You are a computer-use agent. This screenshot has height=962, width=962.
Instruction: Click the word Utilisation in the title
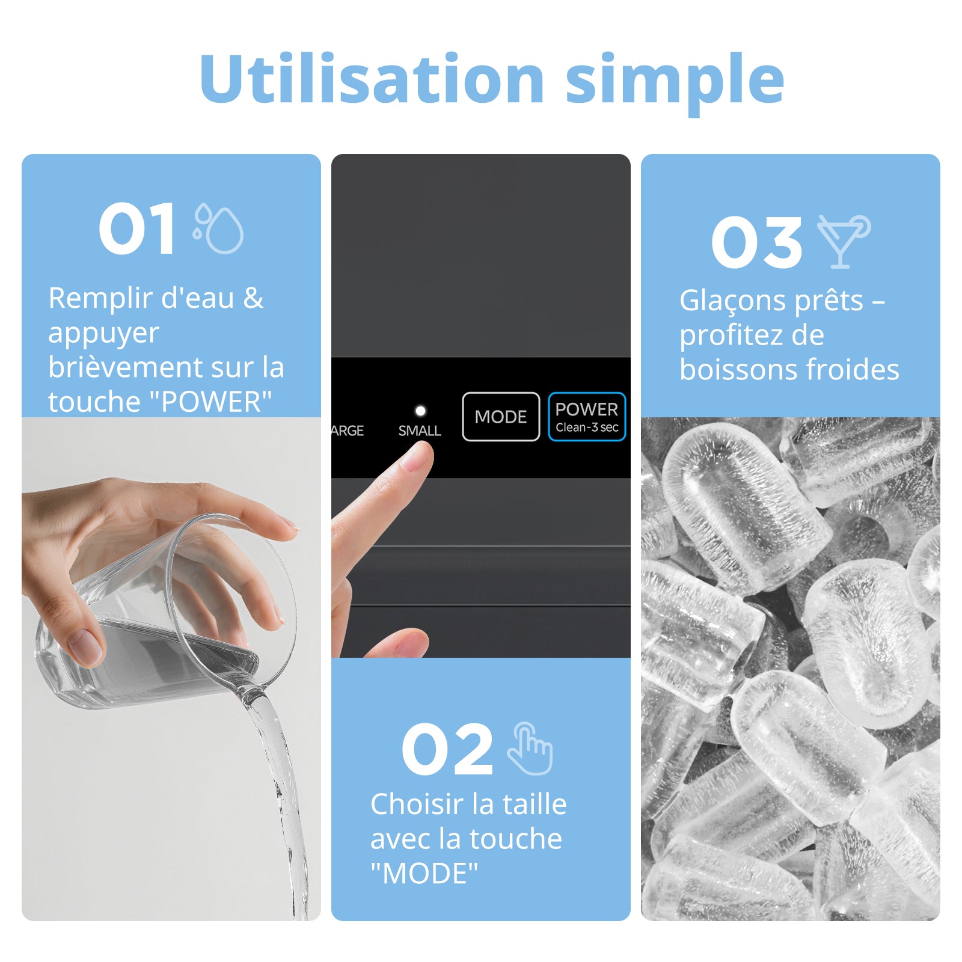(x=372, y=78)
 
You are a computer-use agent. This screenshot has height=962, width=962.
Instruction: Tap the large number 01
(x=137, y=228)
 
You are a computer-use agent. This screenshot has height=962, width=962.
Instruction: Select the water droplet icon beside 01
(x=218, y=228)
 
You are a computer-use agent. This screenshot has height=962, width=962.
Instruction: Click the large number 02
(x=447, y=749)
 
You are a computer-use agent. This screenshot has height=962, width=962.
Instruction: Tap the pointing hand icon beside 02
(x=530, y=749)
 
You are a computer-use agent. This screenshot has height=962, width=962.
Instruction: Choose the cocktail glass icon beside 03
(x=844, y=241)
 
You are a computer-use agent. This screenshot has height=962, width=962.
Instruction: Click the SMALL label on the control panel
(x=420, y=430)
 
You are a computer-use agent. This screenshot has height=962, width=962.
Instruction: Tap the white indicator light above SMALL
(x=420, y=411)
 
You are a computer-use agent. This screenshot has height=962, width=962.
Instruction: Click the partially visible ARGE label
(x=348, y=430)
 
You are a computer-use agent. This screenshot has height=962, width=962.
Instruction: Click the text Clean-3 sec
(x=587, y=427)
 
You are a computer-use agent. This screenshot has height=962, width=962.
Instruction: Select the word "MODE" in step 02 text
(x=424, y=874)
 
